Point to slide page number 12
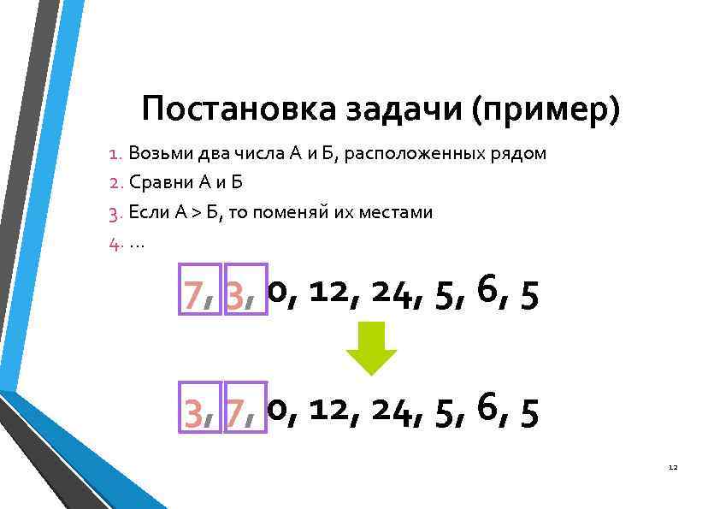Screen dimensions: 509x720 coord(672,467)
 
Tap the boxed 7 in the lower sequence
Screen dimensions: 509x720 coord(245,412)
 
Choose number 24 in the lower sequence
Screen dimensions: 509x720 coord(396,411)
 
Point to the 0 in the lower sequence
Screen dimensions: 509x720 coord(277,411)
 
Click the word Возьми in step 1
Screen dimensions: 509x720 coord(158,154)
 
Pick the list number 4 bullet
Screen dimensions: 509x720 coord(115,241)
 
